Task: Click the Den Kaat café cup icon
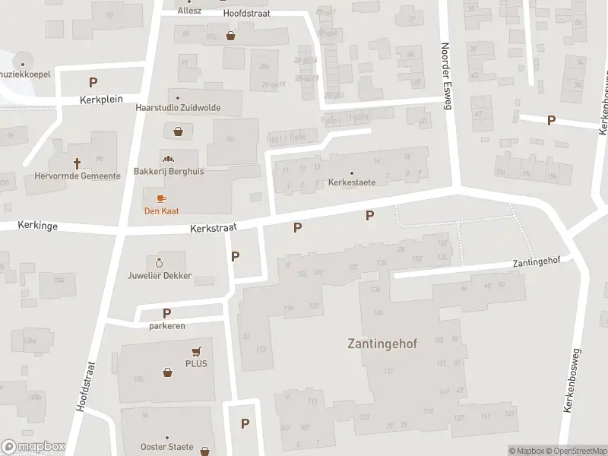161,199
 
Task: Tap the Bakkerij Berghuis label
168,172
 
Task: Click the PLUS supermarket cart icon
197,351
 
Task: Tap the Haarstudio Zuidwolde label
178,108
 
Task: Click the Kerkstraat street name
214,227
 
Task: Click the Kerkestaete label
352,182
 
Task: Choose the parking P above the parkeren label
166,313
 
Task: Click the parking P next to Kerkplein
93,82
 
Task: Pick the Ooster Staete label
167,447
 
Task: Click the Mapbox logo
33,447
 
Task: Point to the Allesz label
188,11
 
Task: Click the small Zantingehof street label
536,261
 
